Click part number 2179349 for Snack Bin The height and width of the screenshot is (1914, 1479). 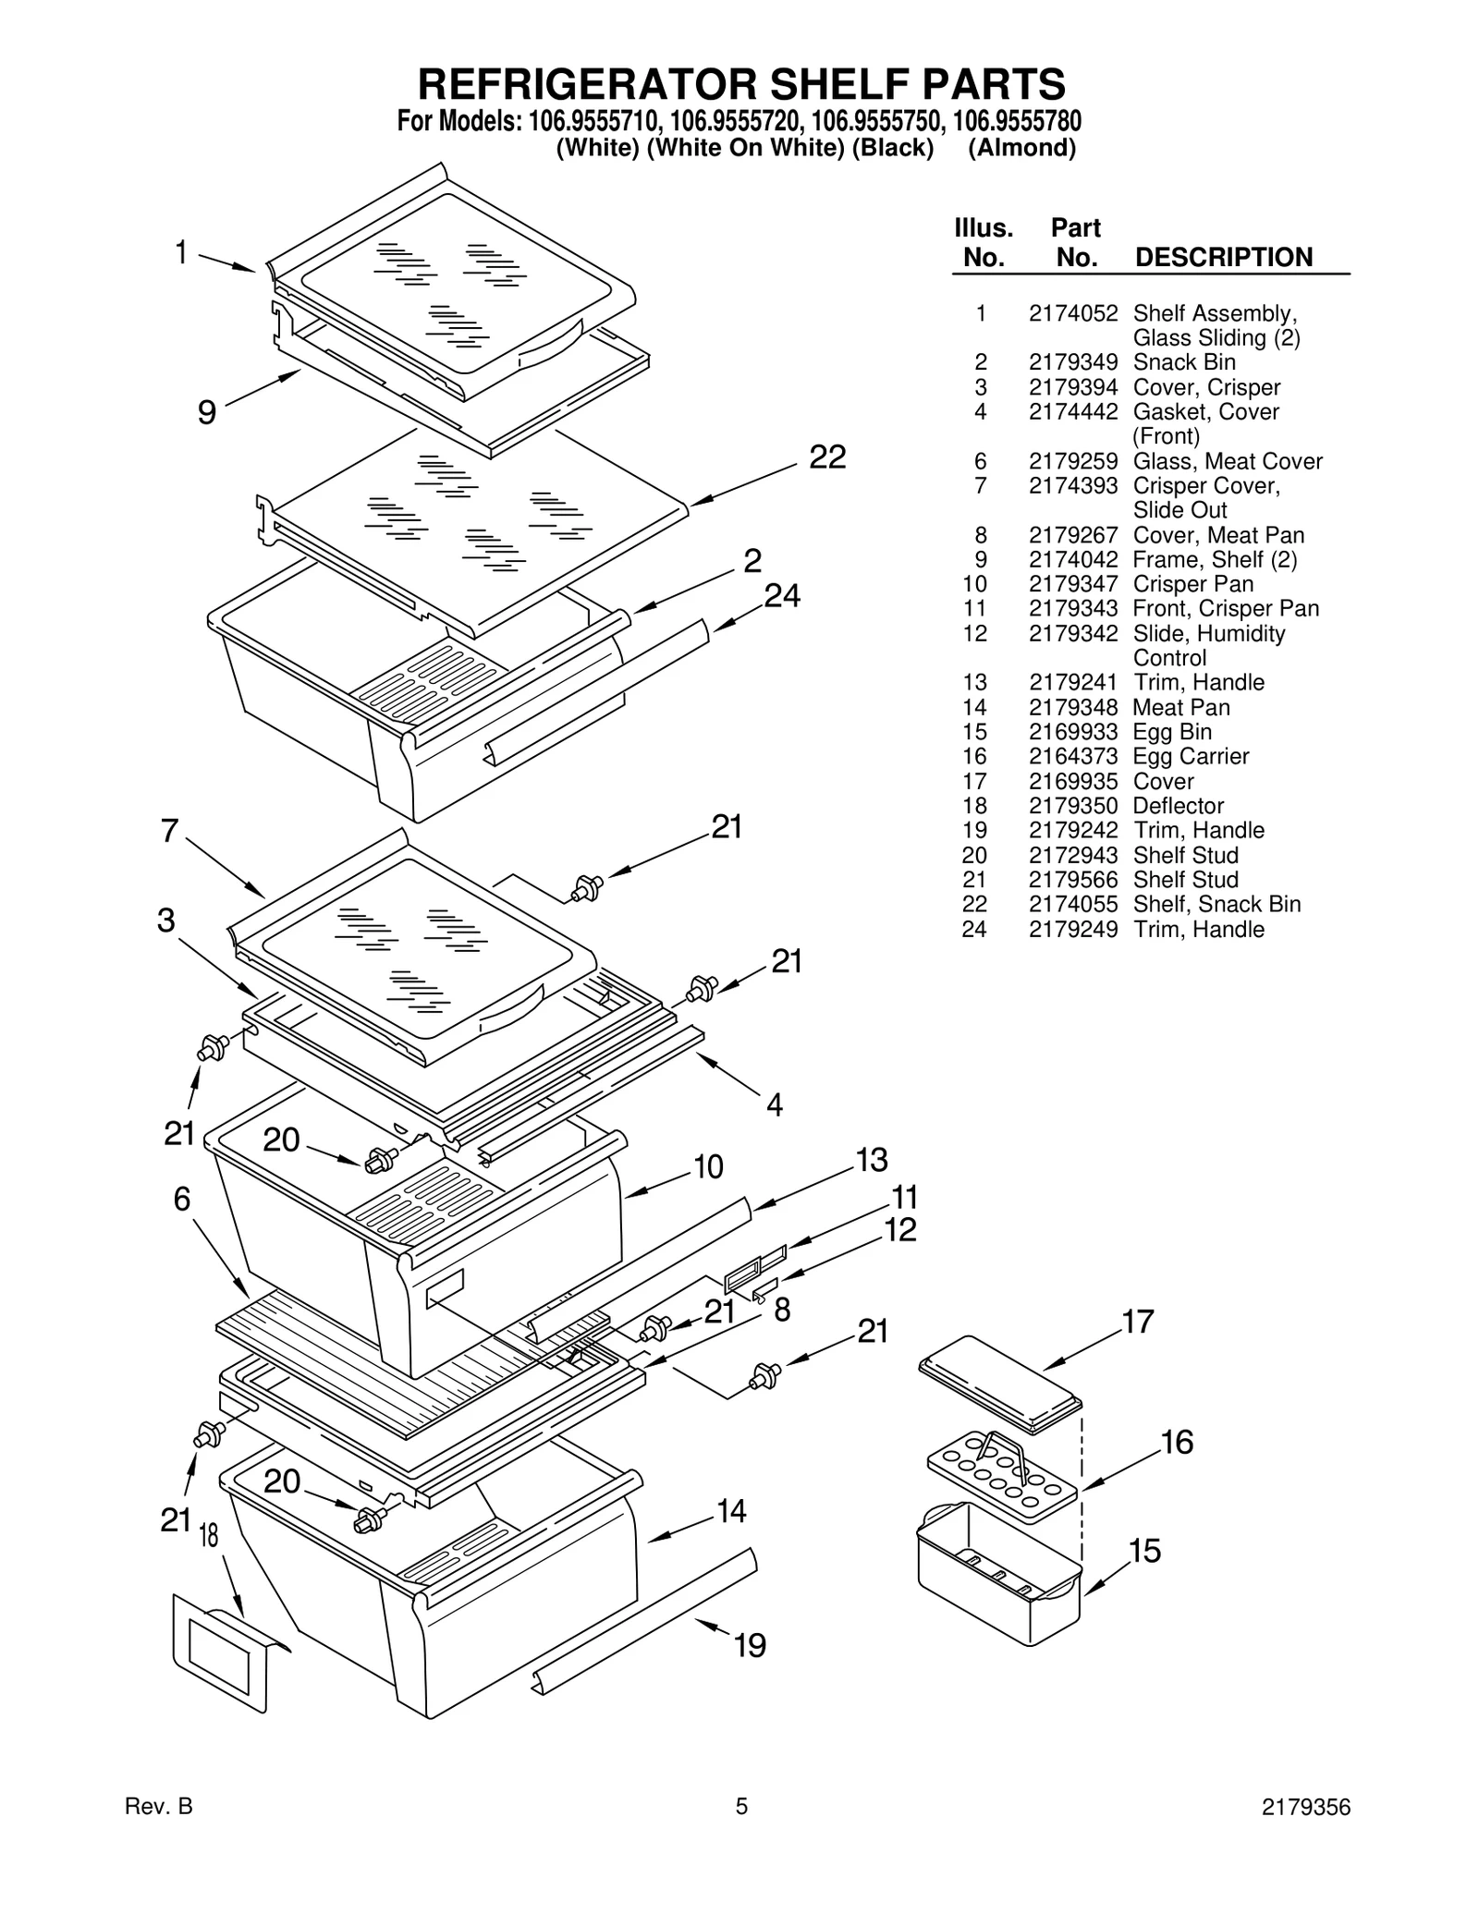pyautogui.click(x=1072, y=362)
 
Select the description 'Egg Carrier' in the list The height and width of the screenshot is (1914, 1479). pyautogui.click(x=1191, y=756)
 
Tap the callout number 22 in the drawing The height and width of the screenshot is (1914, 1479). pyautogui.click(x=827, y=457)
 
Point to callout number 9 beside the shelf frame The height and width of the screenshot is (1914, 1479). pyautogui.click(x=207, y=411)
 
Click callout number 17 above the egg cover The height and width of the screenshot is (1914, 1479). pyautogui.click(x=1138, y=1322)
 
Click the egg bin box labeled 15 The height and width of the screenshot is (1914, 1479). pyautogui.click(x=998, y=1580)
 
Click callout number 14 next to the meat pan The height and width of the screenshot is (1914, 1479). pyautogui.click(x=731, y=1511)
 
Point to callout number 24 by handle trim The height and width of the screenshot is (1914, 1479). pyautogui.click(x=782, y=596)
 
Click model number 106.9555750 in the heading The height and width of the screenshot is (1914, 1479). pyautogui.click(x=877, y=122)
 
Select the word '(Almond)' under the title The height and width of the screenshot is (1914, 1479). pyautogui.click(x=1021, y=148)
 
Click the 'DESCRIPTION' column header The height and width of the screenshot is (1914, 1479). pyautogui.click(x=1223, y=257)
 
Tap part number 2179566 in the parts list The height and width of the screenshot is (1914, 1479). pyautogui.click(x=1072, y=880)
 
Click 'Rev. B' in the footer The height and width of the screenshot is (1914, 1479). pyautogui.click(x=158, y=1833)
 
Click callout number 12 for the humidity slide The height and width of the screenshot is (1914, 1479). pyautogui.click(x=899, y=1230)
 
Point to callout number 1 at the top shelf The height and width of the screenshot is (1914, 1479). pyautogui.click(x=181, y=251)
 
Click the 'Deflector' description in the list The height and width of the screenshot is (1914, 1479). pyautogui.click(x=1178, y=806)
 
